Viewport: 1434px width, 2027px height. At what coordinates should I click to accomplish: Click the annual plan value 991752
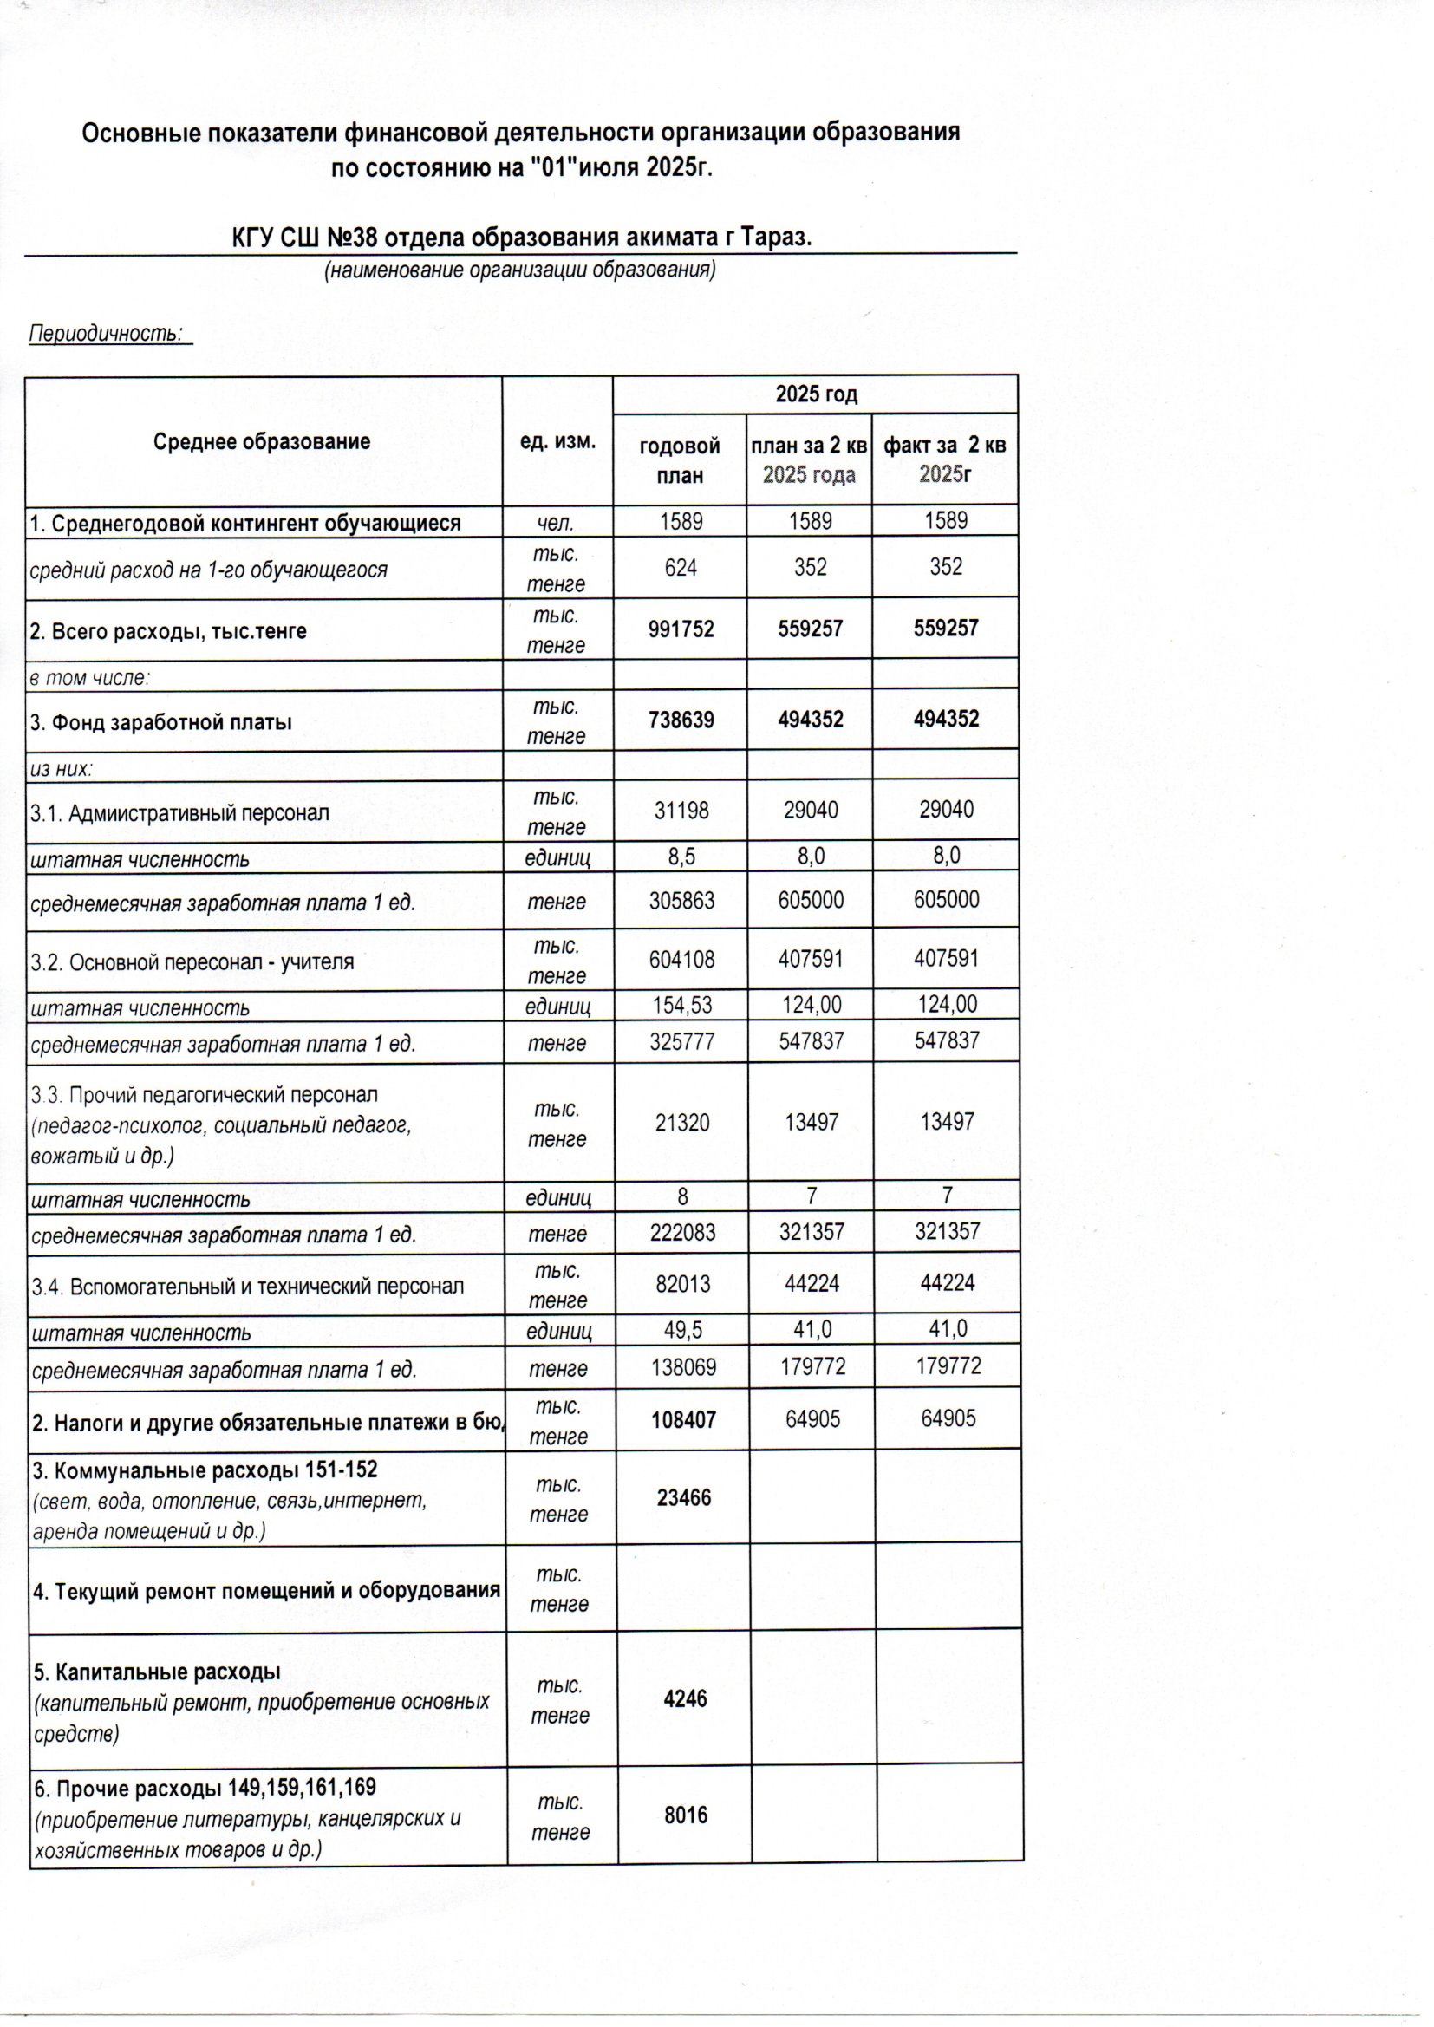coord(681,629)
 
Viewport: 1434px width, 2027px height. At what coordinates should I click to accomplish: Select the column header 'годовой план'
coord(679,461)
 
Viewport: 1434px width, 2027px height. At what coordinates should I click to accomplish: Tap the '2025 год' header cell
coord(816,394)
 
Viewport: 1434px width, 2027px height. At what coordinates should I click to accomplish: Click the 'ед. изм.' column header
coord(557,440)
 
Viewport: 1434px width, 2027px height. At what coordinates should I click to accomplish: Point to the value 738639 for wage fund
coord(681,720)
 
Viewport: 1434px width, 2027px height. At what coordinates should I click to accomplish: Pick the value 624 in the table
coord(681,567)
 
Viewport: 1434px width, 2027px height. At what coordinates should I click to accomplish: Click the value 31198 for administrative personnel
coord(681,810)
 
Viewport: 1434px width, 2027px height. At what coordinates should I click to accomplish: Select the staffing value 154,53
coord(681,1005)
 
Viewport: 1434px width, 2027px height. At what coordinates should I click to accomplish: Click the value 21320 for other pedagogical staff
coord(681,1123)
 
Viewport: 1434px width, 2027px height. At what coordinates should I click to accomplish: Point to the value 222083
coord(681,1233)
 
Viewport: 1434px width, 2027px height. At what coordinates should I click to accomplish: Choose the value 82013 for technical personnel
coord(682,1284)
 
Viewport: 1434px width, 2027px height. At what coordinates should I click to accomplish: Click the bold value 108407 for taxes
coord(682,1419)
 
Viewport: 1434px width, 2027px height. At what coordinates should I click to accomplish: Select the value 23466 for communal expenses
coord(683,1497)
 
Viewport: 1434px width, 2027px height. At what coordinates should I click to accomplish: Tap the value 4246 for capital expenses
coord(684,1698)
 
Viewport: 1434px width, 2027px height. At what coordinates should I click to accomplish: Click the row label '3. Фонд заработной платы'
coord(160,722)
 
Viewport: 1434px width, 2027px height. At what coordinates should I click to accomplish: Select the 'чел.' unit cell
coord(557,523)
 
